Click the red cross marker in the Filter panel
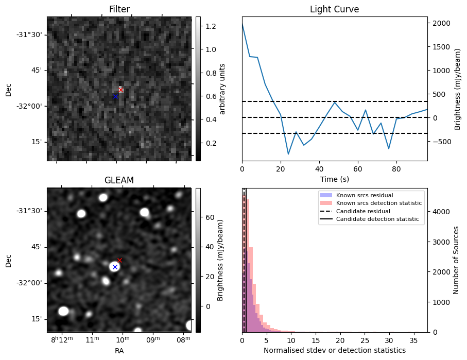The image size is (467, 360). [x=120, y=90]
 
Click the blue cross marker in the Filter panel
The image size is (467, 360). [x=115, y=96]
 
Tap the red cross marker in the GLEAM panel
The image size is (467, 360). [x=119, y=260]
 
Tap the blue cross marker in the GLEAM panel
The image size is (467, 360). [x=115, y=267]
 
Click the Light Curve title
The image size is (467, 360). [x=334, y=9]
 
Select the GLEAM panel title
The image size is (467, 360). [x=119, y=180]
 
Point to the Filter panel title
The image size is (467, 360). [x=119, y=9]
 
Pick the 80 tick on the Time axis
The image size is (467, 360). [x=396, y=168]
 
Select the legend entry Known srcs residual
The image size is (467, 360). [x=365, y=195]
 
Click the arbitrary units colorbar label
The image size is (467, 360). [x=223, y=89]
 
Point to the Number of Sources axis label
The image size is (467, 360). [x=456, y=260]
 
